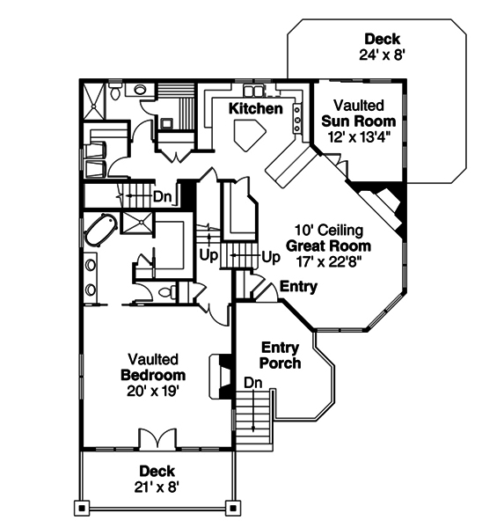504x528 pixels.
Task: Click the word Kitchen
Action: (255, 109)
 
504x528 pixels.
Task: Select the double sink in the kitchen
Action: (255, 91)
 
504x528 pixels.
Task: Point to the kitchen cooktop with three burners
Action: (297, 114)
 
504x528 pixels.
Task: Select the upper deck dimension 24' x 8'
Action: (382, 55)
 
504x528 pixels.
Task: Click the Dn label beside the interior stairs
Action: (162, 196)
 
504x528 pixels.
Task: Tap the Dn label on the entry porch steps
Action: (252, 383)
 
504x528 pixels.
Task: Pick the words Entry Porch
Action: (281, 356)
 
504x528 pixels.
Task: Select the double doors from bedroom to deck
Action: (155, 439)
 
